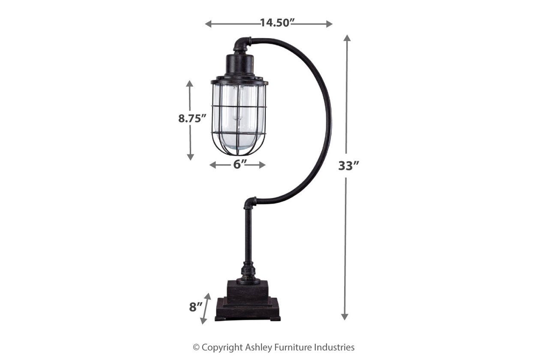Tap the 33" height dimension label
(348, 165)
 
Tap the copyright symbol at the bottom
(196, 348)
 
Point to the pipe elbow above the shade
(243, 44)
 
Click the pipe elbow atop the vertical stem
(250, 202)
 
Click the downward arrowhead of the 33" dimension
(345, 317)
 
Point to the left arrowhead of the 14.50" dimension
(208, 24)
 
